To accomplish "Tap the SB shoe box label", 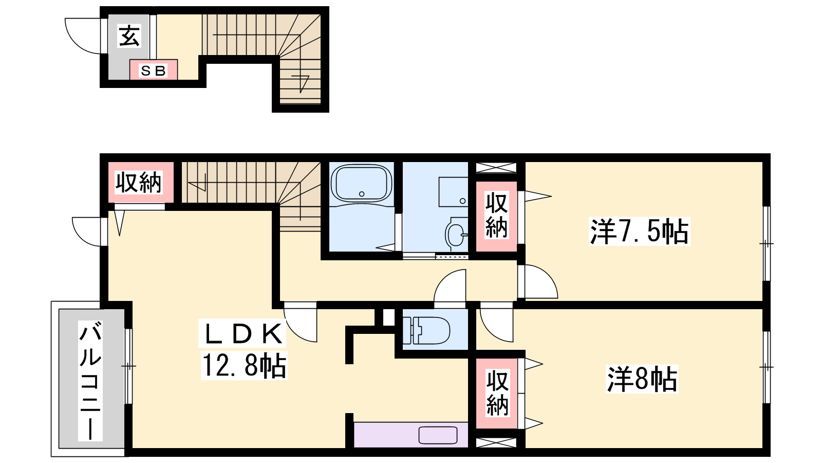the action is click(154, 70).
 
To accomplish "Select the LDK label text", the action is click(242, 333).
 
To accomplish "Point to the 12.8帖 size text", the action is click(244, 365).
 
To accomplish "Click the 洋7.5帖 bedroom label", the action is click(639, 231).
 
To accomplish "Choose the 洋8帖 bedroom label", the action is click(642, 379).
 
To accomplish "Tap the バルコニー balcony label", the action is click(90, 381).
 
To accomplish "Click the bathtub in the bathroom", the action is click(362, 183).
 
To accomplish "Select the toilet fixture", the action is click(426, 330).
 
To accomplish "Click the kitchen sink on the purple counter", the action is click(438, 435).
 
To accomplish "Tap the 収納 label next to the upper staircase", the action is click(138, 183).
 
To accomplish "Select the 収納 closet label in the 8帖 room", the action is click(497, 393).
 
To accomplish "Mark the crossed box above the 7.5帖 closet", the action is click(496, 168).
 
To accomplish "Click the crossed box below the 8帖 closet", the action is click(496, 443).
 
